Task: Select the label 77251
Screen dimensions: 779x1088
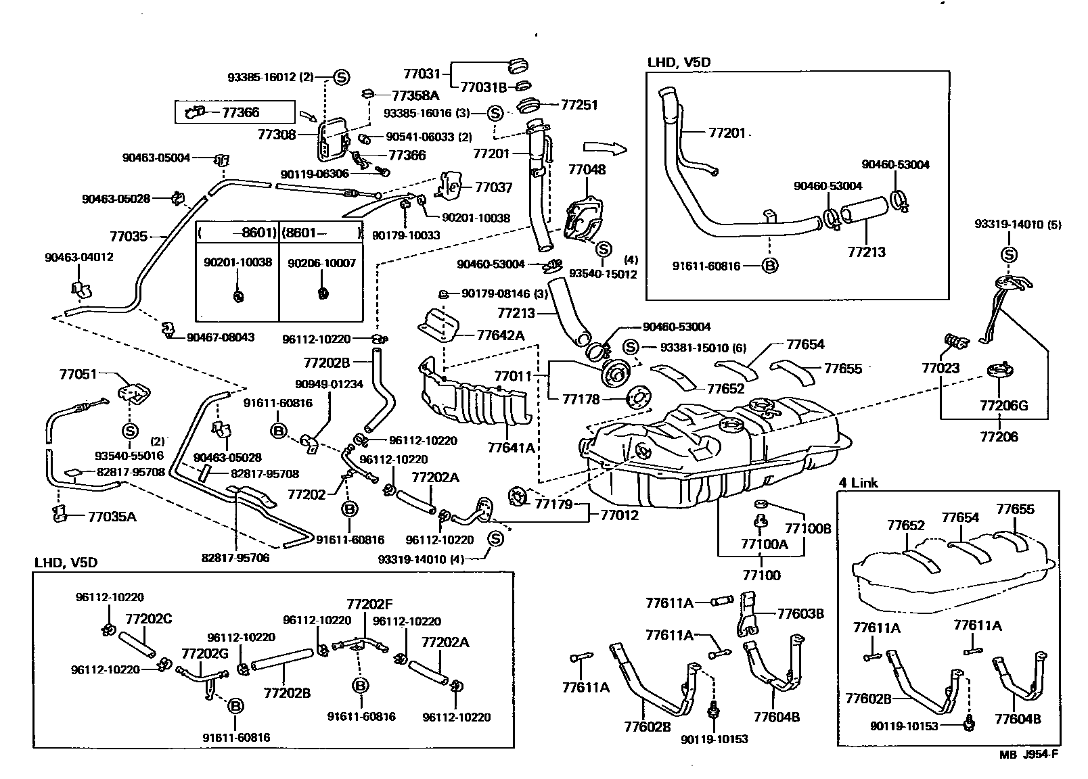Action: pos(579,105)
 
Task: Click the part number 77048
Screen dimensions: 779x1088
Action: pos(587,170)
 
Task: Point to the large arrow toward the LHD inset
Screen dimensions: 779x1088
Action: pos(605,147)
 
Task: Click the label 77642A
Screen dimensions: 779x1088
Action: pos(500,335)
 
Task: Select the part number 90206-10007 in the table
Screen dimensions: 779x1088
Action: pos(321,263)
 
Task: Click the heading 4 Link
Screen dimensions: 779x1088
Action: pos(858,483)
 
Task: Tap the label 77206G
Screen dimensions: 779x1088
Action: pos(1003,406)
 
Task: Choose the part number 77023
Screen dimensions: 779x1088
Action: pos(940,369)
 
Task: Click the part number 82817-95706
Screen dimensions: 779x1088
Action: pos(235,558)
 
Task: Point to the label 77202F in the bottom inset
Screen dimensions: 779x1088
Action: pos(369,604)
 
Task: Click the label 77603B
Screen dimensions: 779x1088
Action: pos(800,614)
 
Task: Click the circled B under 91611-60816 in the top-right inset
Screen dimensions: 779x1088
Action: pos(769,266)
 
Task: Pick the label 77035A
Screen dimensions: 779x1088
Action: pos(112,517)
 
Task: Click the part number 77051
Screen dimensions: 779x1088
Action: pos(78,374)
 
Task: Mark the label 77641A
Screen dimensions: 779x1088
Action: pos(511,448)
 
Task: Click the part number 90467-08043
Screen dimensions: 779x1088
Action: pos(221,337)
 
